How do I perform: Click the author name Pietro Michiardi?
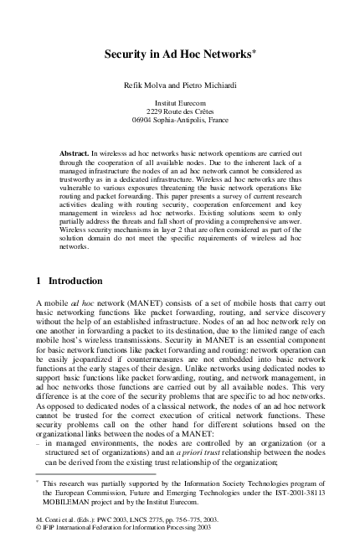point(208,86)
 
